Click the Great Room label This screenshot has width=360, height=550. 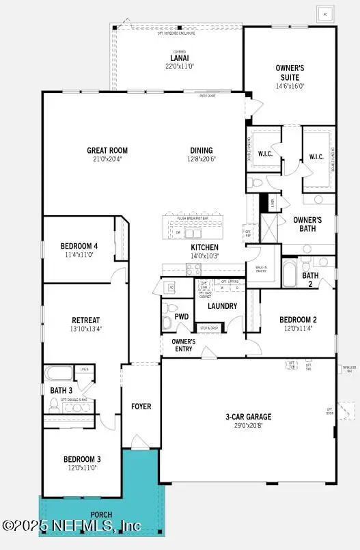click(x=107, y=151)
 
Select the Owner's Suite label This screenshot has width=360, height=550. click(x=290, y=72)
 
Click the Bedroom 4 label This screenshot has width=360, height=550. click(x=79, y=246)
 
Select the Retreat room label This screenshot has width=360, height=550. click(x=86, y=320)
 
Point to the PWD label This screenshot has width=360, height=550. click(x=181, y=317)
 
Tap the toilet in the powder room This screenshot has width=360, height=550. click(x=167, y=322)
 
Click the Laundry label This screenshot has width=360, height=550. click(x=223, y=306)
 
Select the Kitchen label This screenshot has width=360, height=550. click(x=204, y=247)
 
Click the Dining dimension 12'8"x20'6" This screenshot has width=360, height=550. click(x=202, y=159)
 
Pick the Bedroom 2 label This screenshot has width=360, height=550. click(x=298, y=320)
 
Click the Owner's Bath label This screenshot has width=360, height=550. click(x=307, y=224)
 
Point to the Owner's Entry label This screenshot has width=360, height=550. click(x=183, y=345)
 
